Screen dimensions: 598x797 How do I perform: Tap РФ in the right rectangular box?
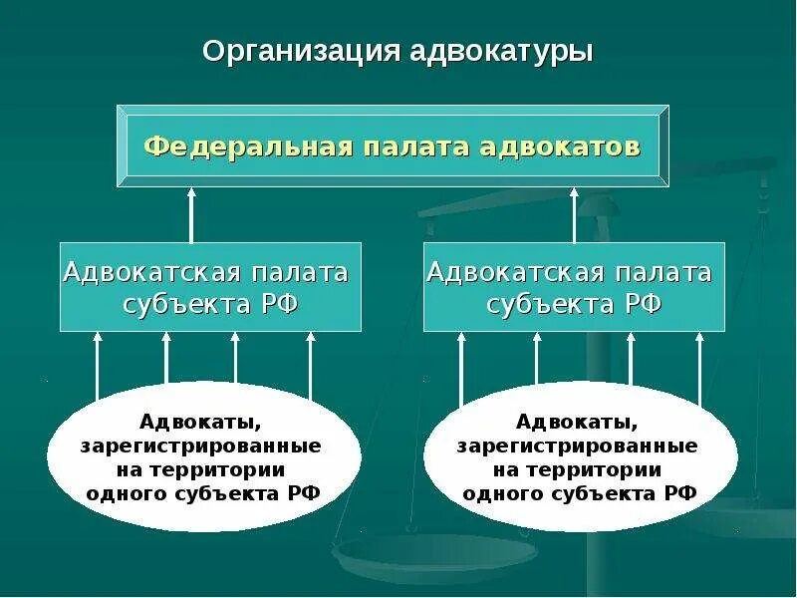point(644,304)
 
